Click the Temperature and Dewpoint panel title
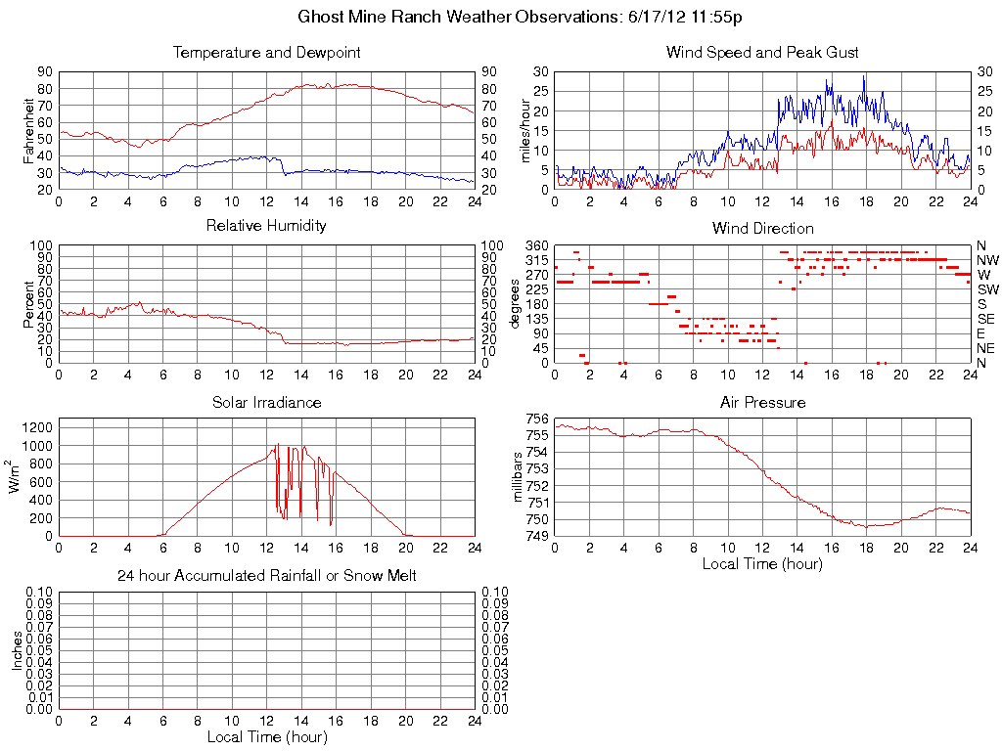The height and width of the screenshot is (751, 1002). coord(266,53)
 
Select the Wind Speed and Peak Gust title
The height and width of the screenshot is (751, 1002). coord(762,53)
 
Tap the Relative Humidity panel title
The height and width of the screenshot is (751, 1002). coord(266,226)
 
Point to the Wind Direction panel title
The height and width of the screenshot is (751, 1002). coord(762,228)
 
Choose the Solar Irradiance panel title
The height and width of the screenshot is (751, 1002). coord(266,402)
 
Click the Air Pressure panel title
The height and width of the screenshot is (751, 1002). coord(762,402)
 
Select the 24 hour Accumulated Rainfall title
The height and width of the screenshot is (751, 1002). coord(266,576)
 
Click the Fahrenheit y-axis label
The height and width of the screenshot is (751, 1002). coord(29,130)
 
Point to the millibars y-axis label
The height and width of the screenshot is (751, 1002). coord(520,477)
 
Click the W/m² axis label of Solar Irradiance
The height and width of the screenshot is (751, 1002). coord(17,477)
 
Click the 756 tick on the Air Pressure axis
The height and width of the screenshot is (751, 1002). coord(537,419)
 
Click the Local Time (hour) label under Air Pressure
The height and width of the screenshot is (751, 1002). coord(762,563)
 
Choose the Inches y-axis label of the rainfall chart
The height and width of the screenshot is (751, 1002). coord(17,650)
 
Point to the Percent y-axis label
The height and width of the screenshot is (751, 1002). coord(29,303)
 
